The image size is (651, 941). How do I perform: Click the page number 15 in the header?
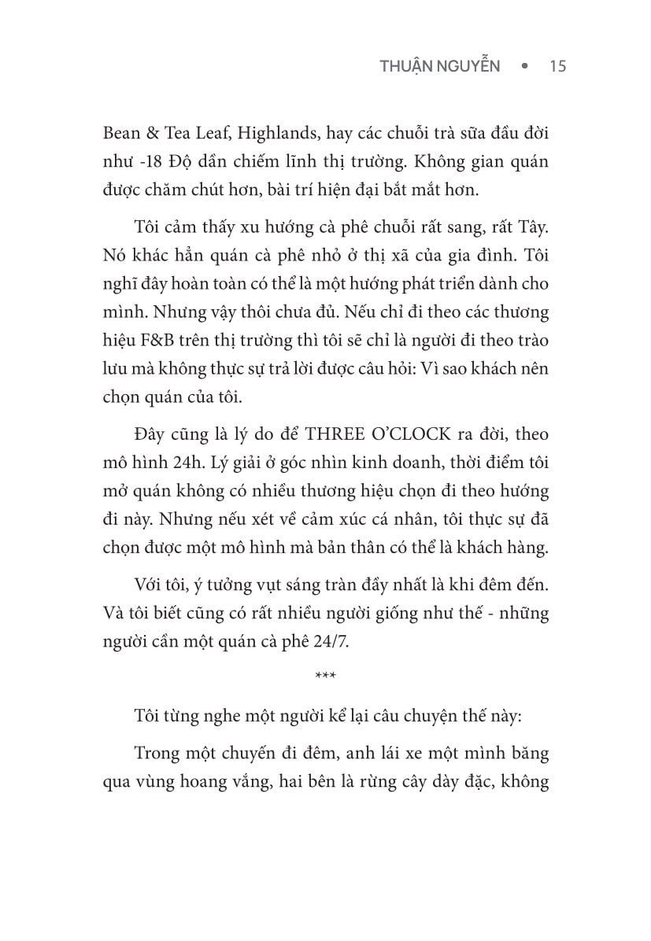[x=557, y=66]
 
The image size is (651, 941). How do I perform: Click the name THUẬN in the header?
[x=409, y=66]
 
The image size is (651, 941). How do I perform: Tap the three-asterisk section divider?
[x=325, y=676]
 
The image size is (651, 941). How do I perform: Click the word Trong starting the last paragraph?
[x=158, y=753]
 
